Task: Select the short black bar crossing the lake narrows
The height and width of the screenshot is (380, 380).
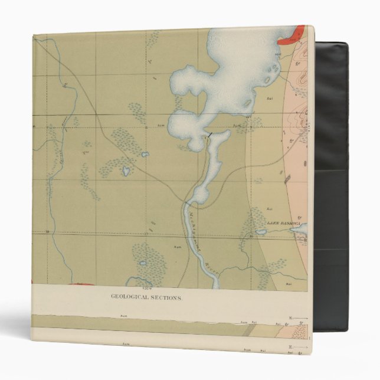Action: pos(208,136)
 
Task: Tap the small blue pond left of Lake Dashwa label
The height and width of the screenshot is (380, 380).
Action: pos(260,231)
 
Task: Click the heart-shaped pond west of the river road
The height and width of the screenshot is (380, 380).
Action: pos(126,172)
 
